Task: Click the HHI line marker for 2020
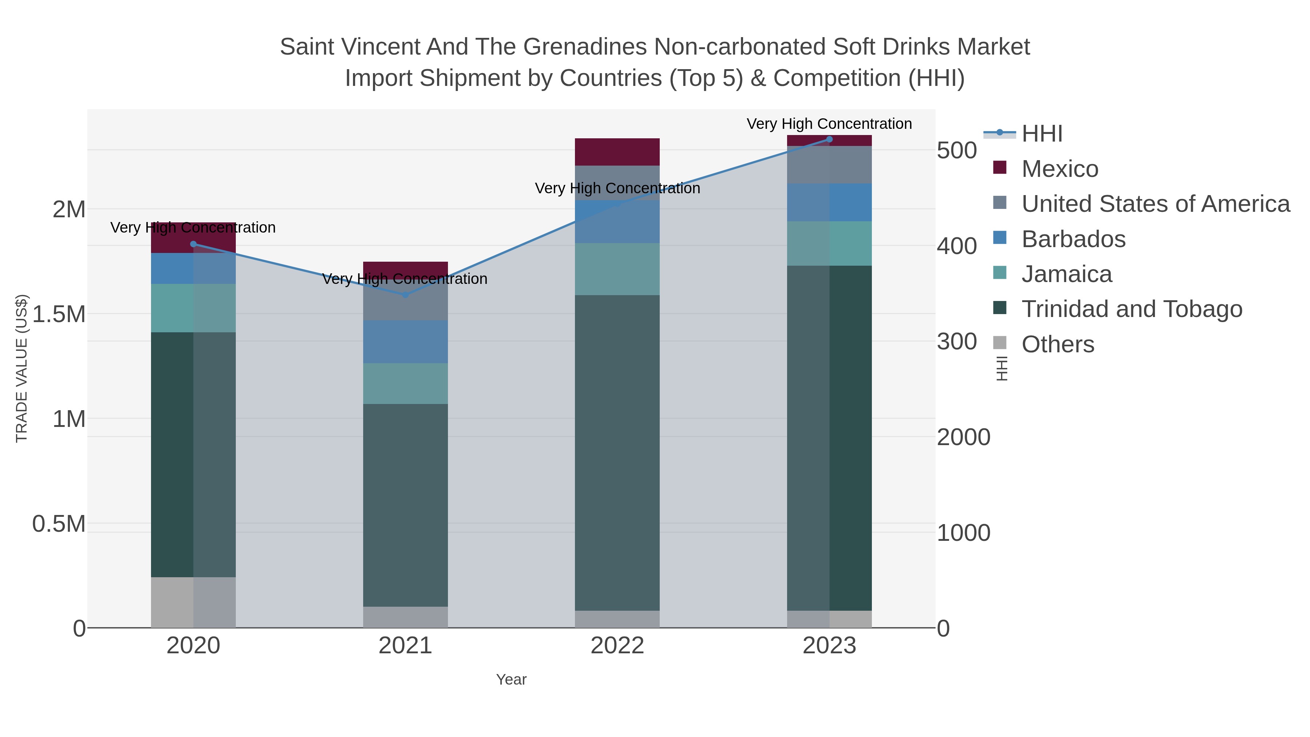pyautogui.click(x=193, y=244)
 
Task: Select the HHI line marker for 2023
pyautogui.click(x=829, y=139)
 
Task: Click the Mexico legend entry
pyautogui.click(x=1060, y=169)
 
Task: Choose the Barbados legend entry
pyautogui.click(x=1073, y=239)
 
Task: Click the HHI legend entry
pyautogui.click(x=1041, y=134)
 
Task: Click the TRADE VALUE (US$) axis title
pyautogui.click(x=22, y=368)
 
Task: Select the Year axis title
pyautogui.click(x=511, y=679)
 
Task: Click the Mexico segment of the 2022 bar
pyautogui.click(x=618, y=151)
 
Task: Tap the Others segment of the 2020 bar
pyautogui.click(x=193, y=602)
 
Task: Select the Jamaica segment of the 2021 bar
pyautogui.click(x=405, y=384)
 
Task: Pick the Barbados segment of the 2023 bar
pyautogui.click(x=829, y=202)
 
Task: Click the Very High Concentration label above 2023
pyautogui.click(x=829, y=124)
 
